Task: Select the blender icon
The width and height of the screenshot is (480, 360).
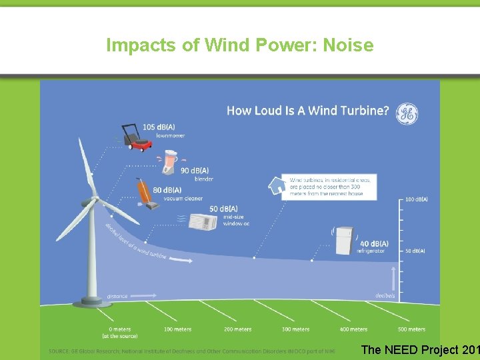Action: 173,161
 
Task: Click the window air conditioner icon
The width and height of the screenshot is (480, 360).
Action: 203,222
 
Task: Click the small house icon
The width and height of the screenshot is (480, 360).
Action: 275,185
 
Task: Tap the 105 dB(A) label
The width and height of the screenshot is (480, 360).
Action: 158,127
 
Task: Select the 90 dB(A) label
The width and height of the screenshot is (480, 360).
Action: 195,171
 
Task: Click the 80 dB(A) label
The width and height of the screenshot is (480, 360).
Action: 167,190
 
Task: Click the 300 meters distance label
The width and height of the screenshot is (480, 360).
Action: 295,329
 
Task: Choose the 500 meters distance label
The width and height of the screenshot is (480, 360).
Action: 411,329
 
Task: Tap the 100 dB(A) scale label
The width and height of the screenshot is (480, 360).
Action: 417,199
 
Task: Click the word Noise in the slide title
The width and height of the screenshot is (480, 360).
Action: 347,45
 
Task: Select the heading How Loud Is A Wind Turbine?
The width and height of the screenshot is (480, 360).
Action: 308,111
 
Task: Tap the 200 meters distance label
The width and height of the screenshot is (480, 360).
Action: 237,329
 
